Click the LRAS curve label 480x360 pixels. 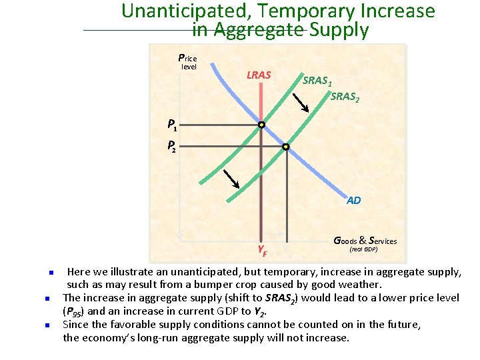pyautogui.click(x=259, y=75)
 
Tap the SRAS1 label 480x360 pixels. pyautogui.click(x=316, y=81)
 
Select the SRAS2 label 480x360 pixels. pyautogui.click(x=345, y=97)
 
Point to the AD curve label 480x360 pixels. pyautogui.click(x=353, y=200)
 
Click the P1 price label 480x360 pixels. pyautogui.click(x=172, y=124)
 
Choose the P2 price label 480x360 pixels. pyautogui.click(x=172, y=145)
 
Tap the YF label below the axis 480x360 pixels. pyautogui.click(x=263, y=251)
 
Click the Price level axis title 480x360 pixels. pyautogui.click(x=187, y=61)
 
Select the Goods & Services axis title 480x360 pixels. pyautogui.click(x=365, y=241)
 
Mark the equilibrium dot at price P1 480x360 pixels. pyautogui.click(x=262, y=125)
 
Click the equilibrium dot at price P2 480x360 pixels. pyautogui.click(x=286, y=146)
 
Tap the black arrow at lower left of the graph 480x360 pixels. pyautogui.click(x=231, y=179)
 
